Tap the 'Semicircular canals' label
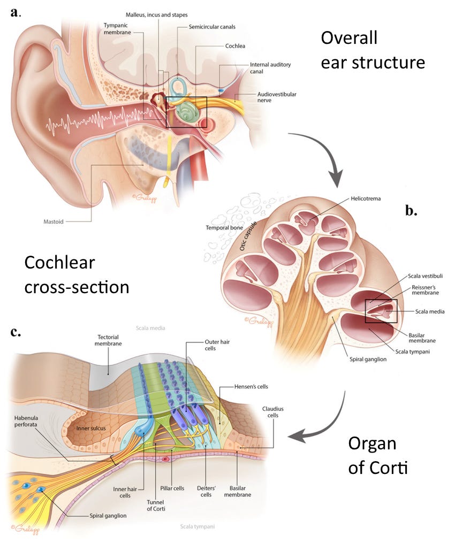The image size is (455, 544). pos(213,26)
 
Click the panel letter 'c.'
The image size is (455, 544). pos(16,333)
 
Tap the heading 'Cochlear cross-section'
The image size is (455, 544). pos(77,274)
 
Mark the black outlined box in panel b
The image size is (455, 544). pos(381,311)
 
